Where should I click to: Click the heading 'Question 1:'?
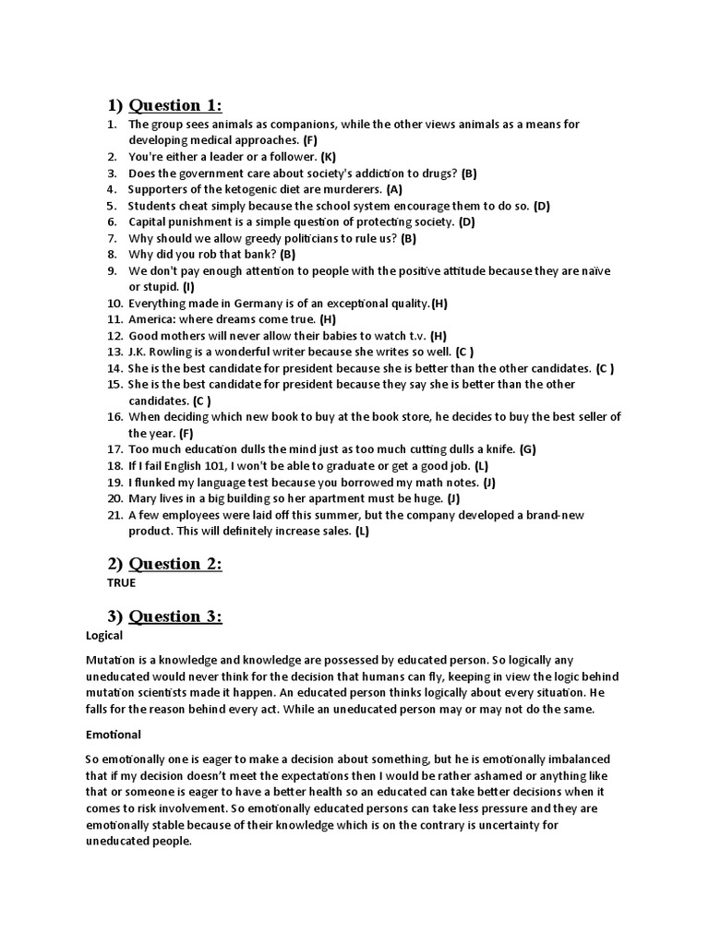coord(175,104)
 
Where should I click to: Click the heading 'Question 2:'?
coord(175,563)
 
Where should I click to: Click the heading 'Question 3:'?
coord(175,616)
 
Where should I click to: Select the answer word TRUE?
coord(122,583)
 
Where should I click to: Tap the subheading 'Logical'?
coord(104,636)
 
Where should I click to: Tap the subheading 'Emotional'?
coord(114,735)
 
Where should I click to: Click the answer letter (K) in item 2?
coord(327,157)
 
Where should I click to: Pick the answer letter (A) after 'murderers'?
coord(394,189)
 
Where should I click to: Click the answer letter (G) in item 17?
coord(527,449)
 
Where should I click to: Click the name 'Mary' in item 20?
coord(142,498)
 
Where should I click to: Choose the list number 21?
coord(114,515)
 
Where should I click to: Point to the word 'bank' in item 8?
coord(260,254)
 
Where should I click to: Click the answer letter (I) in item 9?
coord(188,287)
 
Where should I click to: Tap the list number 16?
coord(114,417)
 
